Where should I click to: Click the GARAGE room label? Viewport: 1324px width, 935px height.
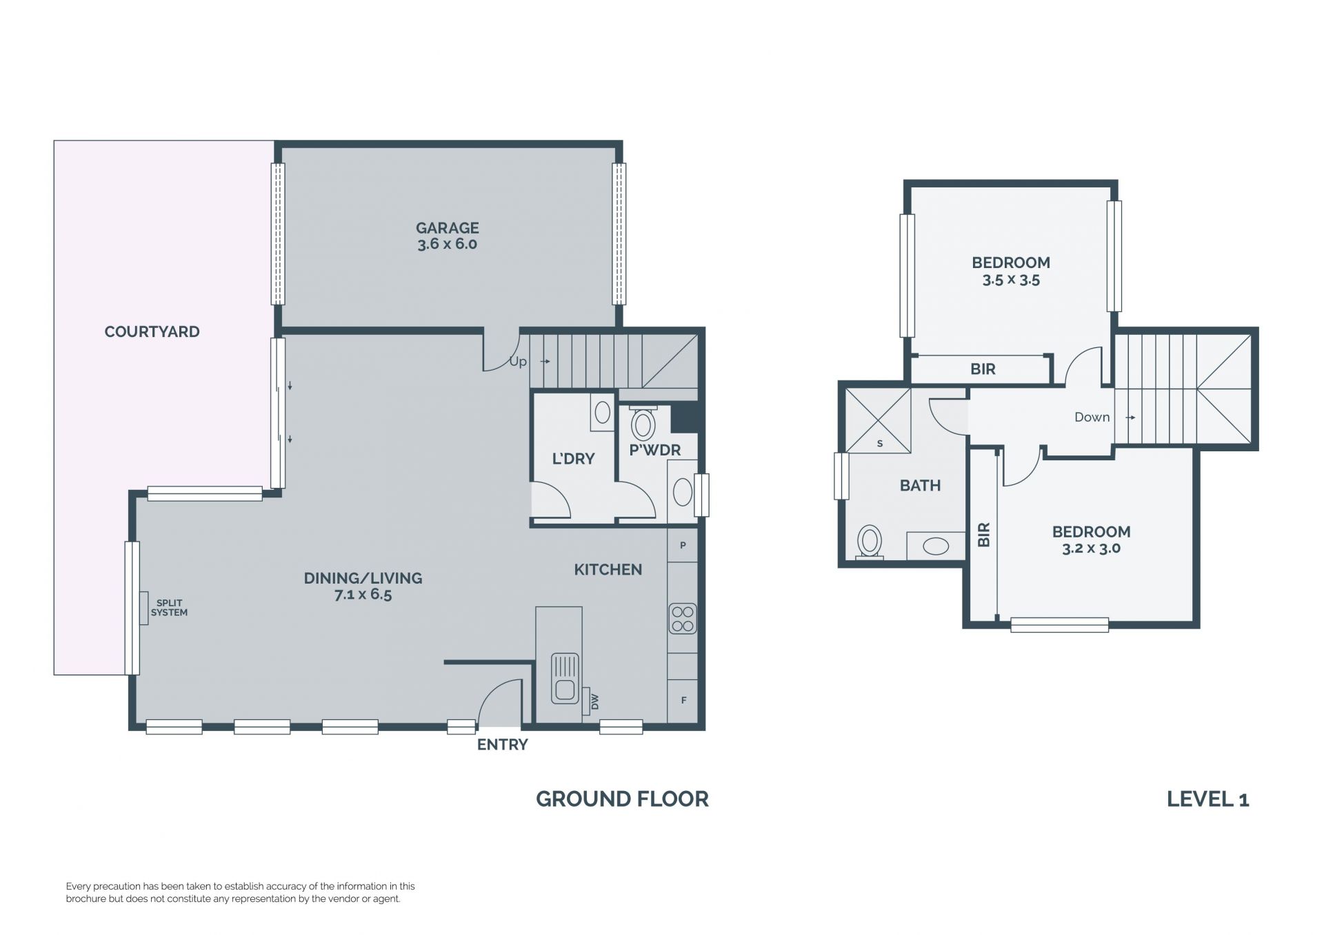point(447,228)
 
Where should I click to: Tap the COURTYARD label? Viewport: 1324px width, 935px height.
point(152,331)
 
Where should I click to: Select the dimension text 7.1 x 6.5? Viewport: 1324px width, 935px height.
point(363,595)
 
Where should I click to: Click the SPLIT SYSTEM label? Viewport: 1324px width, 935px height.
point(169,608)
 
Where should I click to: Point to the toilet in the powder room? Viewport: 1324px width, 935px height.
point(643,423)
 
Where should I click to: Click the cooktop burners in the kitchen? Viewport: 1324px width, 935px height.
point(683,619)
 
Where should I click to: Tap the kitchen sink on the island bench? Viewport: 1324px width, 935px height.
point(565,678)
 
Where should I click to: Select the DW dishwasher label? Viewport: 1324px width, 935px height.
point(595,702)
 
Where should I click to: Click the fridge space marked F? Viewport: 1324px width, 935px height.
point(683,701)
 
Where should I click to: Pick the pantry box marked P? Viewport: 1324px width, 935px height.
point(683,545)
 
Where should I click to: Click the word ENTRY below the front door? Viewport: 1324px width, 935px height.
point(503,745)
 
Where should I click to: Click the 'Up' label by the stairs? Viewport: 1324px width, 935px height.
point(518,362)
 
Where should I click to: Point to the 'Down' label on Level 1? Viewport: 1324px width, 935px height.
point(1092,417)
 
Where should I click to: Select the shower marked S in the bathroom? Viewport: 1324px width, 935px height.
point(878,420)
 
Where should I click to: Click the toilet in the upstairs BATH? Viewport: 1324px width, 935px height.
point(870,543)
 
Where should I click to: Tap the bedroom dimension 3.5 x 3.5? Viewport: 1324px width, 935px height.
point(1011,280)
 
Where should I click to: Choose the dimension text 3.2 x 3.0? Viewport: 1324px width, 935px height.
point(1091,549)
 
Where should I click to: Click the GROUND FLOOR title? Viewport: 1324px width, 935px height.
point(622,799)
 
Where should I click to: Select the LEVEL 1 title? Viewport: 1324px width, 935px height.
point(1208,799)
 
